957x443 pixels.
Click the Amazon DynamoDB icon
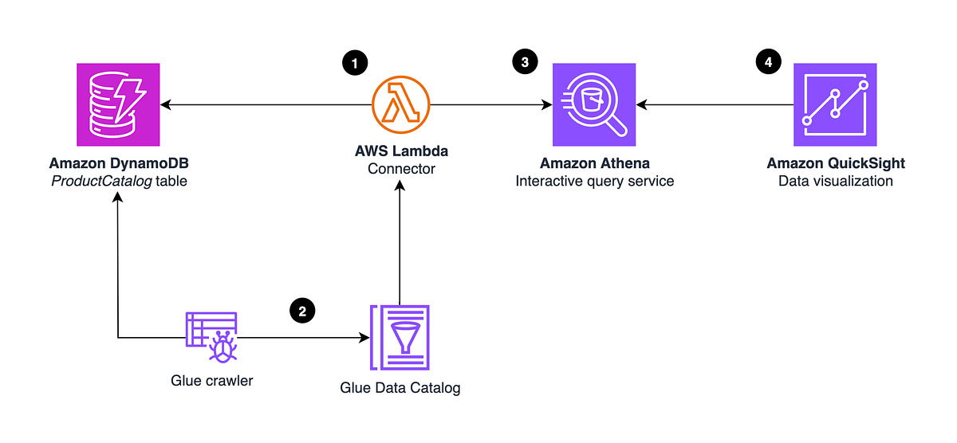coord(117,104)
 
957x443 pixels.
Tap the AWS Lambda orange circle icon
coord(400,105)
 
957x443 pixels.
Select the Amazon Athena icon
coord(594,104)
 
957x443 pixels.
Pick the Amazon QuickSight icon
coord(835,104)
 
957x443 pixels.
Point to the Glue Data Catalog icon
coord(400,338)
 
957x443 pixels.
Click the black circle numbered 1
coord(354,63)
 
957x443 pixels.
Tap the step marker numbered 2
coord(301,311)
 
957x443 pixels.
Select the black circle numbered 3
coord(526,63)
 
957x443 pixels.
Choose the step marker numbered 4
coord(769,63)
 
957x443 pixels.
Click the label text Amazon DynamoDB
coord(117,163)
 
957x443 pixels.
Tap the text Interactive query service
coord(594,181)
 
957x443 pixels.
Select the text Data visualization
coord(835,181)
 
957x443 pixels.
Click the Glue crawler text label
coord(211,381)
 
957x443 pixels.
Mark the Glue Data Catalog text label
coord(400,389)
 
